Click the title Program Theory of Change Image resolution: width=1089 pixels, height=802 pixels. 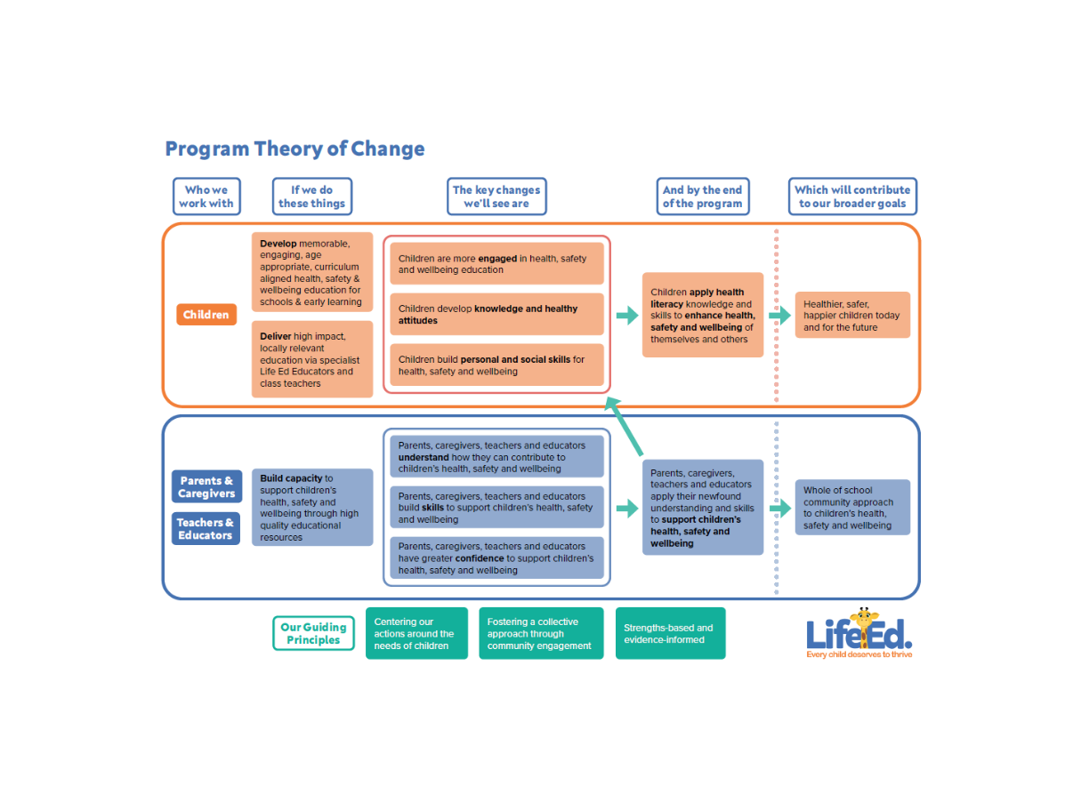click(x=294, y=149)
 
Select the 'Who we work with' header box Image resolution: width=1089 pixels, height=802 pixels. click(x=206, y=196)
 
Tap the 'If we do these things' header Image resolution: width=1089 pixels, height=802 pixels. click(x=311, y=196)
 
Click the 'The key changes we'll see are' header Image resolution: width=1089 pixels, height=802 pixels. click(x=496, y=196)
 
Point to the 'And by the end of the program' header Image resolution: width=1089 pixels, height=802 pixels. click(x=701, y=196)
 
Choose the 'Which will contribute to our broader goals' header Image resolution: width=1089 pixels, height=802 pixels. click(x=851, y=196)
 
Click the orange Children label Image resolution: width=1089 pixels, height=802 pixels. click(x=206, y=315)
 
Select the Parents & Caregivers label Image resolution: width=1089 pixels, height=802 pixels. click(x=206, y=487)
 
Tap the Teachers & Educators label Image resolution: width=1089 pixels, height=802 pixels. click(x=206, y=529)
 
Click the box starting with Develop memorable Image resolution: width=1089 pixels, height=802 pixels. click(x=311, y=272)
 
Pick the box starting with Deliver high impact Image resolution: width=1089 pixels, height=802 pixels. click(x=311, y=359)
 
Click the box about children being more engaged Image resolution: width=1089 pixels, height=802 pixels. click(x=496, y=264)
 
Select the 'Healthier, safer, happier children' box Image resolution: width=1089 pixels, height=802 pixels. click(x=852, y=316)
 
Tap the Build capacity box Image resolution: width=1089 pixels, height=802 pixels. click(x=311, y=508)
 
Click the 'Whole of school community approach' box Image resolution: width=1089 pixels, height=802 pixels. click(x=852, y=508)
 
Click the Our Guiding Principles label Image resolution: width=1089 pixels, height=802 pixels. click(x=313, y=634)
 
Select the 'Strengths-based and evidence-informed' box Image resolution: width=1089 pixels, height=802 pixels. click(x=670, y=634)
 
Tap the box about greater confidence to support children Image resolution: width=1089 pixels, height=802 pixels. click(x=496, y=558)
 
